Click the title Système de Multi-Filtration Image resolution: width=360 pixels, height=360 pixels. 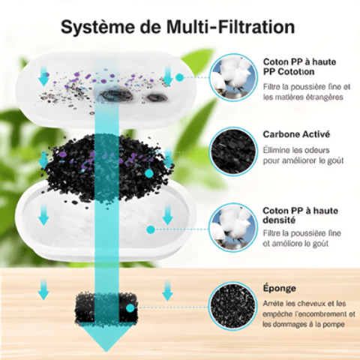pos(177,28)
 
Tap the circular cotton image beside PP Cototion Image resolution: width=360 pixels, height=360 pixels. pos(232,77)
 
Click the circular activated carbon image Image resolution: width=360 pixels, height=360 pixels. pos(232,150)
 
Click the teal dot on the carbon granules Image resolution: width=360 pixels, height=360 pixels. pos(149,172)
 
